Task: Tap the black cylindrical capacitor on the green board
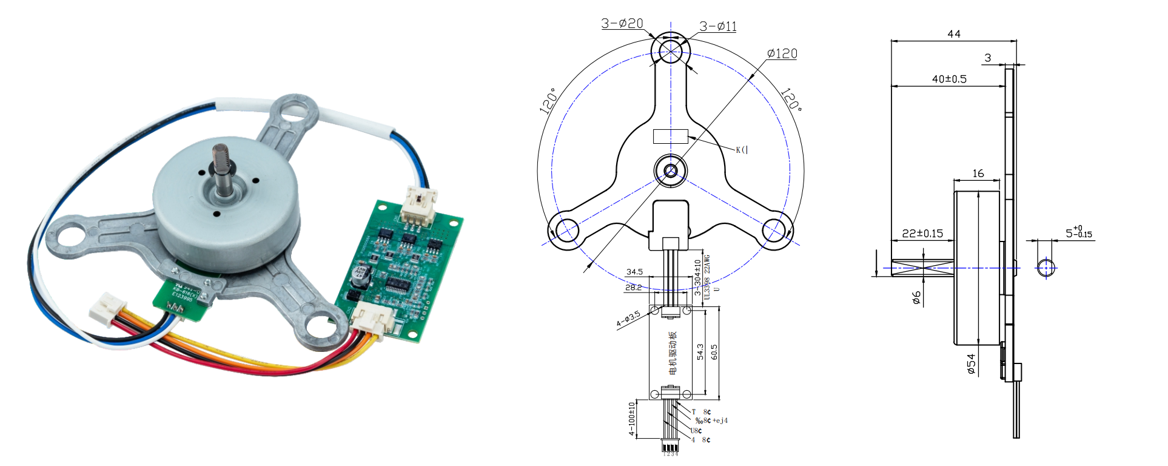(360, 277)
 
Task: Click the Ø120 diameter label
(782, 53)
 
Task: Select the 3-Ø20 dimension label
(622, 23)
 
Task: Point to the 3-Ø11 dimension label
(717, 26)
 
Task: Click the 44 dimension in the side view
(953, 34)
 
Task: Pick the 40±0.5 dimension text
(949, 79)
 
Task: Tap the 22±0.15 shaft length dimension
(922, 233)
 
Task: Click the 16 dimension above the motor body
(978, 174)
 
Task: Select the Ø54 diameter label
(971, 364)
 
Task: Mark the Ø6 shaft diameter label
(916, 297)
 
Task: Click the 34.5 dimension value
(634, 272)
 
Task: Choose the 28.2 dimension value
(633, 287)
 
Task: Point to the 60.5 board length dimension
(714, 352)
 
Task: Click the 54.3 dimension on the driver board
(700, 352)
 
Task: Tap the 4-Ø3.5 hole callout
(628, 319)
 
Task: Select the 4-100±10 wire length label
(631, 419)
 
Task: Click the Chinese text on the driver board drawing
(672, 353)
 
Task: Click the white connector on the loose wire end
(108, 308)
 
